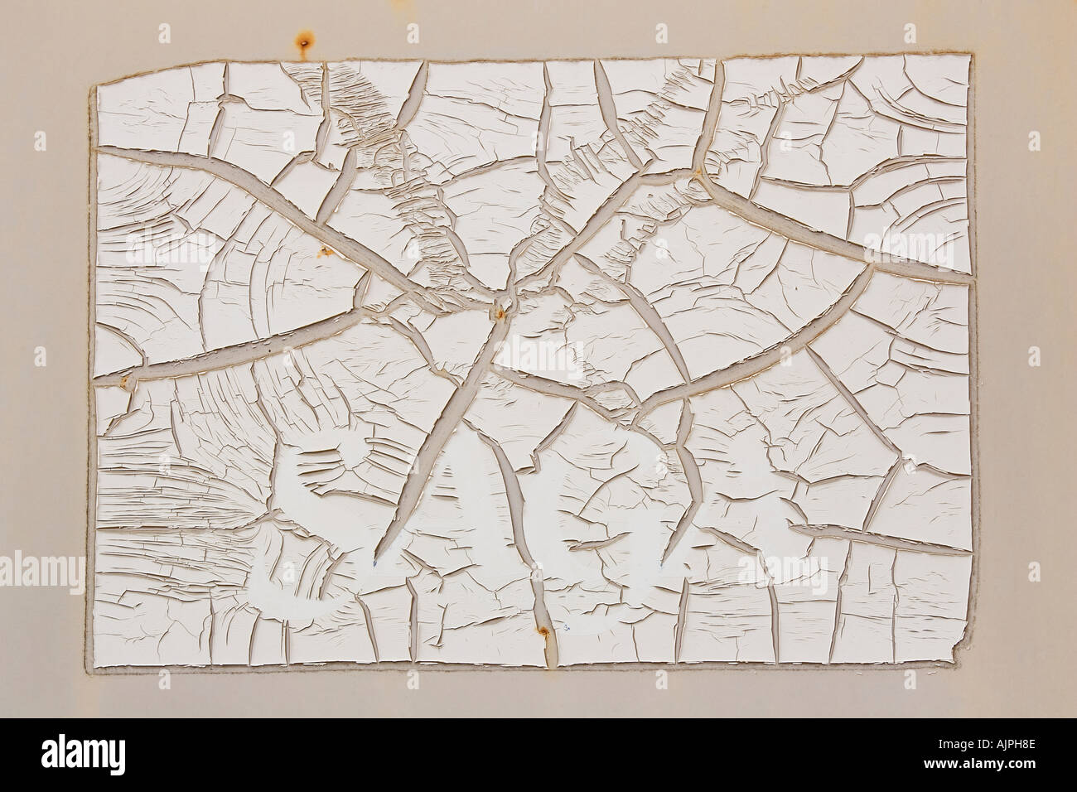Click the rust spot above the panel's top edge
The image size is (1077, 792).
(x=305, y=39)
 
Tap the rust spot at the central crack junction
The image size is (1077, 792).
(x=500, y=311)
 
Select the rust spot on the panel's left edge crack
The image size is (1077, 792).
(x=126, y=381)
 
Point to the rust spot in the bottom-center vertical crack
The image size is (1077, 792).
(x=543, y=634)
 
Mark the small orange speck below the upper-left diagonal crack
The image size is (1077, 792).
(x=325, y=249)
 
